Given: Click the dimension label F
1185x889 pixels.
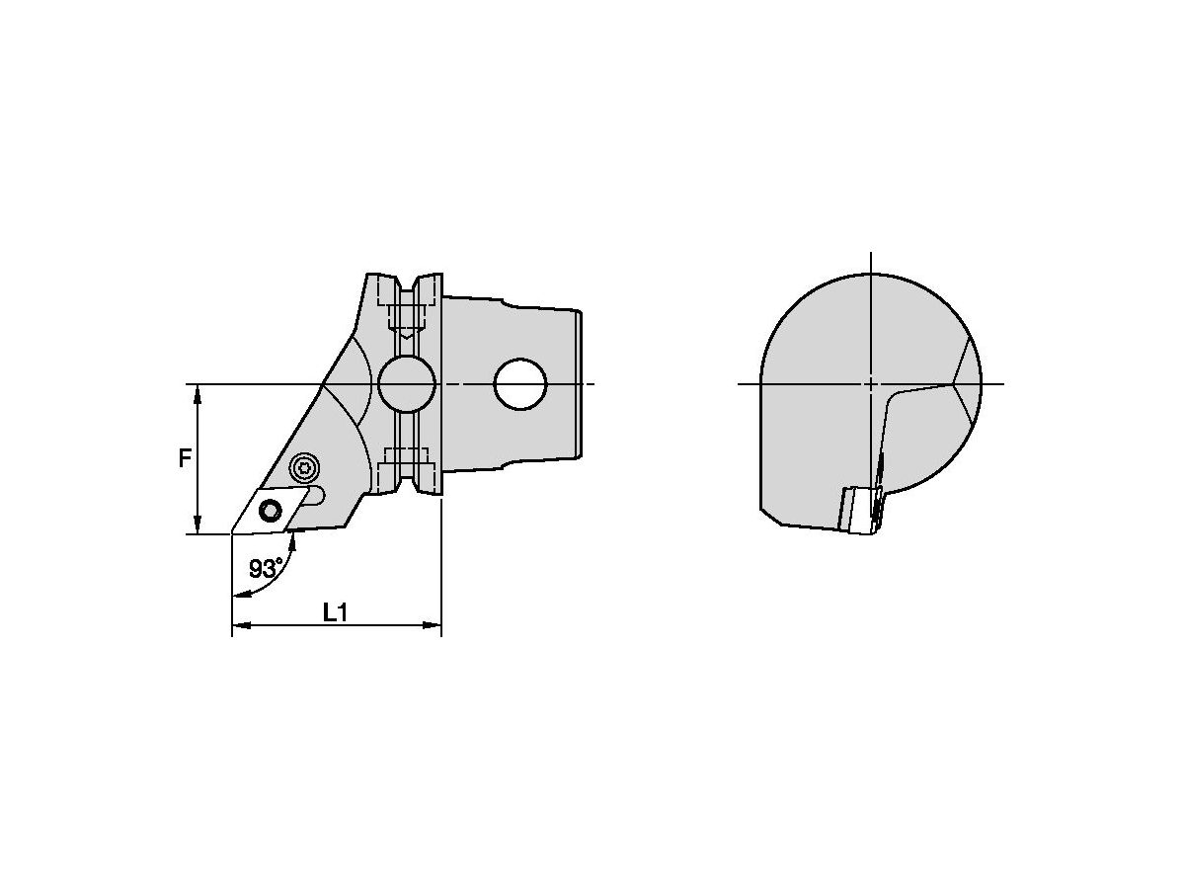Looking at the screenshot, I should pos(185,458).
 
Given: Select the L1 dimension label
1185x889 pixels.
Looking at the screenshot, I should pos(336,612).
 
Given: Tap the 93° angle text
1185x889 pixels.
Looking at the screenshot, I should pos(265,569).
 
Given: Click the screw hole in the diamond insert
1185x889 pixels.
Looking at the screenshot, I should pos(270,510).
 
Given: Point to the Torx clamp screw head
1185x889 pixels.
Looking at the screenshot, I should pos(306,467).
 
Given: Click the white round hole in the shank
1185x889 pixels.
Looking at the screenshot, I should pos(520,383).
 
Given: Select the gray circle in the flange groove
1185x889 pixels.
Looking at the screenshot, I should pos(406,383).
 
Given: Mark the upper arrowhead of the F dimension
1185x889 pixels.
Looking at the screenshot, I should pos(198,393).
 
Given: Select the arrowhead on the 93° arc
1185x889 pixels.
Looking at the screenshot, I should pos(238,594).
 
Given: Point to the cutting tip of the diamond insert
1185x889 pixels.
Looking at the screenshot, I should pos(233,533).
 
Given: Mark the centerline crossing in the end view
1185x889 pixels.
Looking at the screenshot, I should pos(870,383).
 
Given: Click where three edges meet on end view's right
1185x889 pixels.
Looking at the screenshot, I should pos(955,383).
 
